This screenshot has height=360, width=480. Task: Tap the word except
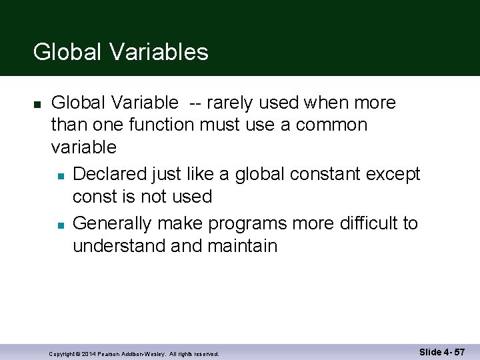pos(394,174)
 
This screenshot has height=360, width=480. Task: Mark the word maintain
pos(242,245)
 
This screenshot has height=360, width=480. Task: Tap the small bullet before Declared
pos(60,175)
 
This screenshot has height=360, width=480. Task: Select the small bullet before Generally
pos(60,225)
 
